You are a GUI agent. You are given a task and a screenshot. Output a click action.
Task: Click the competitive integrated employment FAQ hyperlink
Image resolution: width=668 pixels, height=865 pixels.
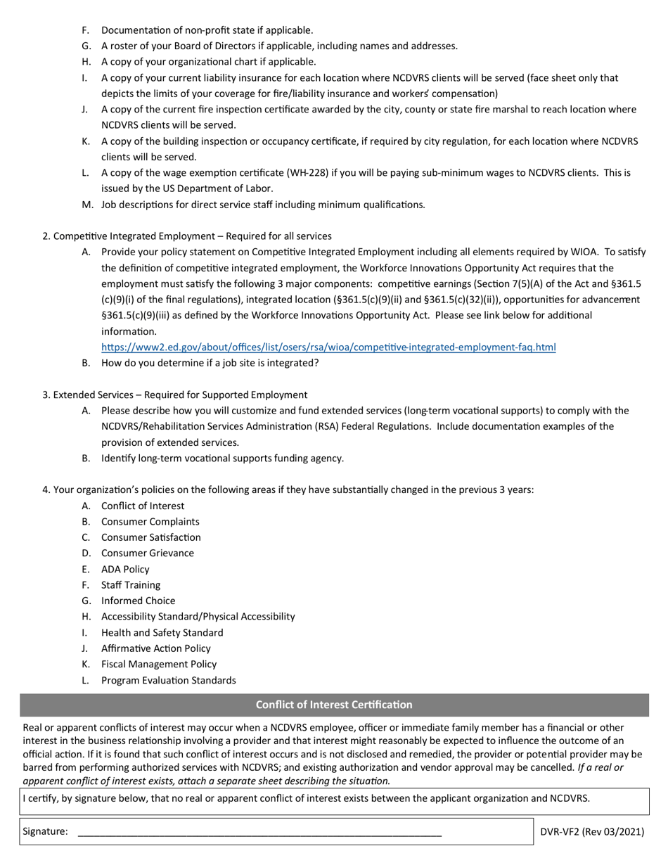coord(328,347)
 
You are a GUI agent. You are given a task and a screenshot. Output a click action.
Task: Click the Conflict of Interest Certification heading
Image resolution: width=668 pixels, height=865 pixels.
coord(334,705)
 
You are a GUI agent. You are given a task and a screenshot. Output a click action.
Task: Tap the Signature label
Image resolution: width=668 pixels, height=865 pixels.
coord(46,831)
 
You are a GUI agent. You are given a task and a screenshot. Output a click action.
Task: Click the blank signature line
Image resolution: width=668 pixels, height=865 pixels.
coord(259,831)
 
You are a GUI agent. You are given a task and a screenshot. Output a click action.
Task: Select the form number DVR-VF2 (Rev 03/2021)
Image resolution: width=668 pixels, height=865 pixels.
coord(592,831)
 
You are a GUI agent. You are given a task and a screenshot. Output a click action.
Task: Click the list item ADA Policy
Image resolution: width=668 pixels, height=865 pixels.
coord(125,569)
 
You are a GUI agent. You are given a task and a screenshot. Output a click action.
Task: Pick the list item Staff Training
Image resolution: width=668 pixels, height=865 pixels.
coord(131,585)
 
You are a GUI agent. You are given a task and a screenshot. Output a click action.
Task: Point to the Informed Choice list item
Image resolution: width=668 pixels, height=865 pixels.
coord(139,601)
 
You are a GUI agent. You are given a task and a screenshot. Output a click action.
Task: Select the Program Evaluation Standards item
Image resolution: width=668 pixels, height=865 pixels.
coord(169,680)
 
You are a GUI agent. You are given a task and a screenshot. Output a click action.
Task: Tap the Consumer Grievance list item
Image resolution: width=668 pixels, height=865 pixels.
coord(148,553)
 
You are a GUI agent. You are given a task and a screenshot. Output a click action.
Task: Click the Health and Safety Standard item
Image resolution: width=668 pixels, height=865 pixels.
coord(162,632)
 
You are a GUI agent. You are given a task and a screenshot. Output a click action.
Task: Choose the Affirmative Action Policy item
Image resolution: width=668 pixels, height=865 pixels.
coord(156,648)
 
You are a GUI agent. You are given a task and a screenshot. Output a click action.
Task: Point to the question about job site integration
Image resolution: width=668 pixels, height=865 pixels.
coord(210,363)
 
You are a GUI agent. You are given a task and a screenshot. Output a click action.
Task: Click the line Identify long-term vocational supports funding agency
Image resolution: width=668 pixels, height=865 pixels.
coord(223,459)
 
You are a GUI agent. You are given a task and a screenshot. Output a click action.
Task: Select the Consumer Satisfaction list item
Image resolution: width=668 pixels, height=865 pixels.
coord(151,537)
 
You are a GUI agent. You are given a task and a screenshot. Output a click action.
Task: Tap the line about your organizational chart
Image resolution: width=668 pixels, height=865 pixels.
coord(209,62)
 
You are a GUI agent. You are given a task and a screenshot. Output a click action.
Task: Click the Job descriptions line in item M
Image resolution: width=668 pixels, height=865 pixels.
coord(264,205)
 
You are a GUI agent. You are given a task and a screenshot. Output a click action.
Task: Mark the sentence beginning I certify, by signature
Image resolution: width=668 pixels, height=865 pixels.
coord(307,798)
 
